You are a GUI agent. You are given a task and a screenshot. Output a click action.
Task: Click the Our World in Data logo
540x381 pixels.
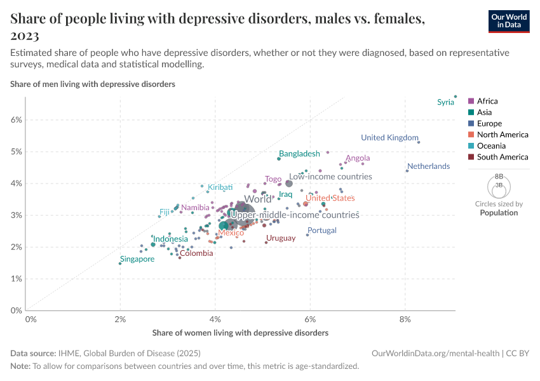509,21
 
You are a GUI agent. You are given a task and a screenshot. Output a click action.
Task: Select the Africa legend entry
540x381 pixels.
487,101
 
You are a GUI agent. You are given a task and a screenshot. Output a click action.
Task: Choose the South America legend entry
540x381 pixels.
502,157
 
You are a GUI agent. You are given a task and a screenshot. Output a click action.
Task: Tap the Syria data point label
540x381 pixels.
445,102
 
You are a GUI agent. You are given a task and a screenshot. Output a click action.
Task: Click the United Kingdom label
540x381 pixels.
389,138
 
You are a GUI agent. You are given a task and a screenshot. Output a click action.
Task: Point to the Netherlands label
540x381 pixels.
428,166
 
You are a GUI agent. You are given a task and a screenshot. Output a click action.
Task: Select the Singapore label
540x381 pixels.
137,259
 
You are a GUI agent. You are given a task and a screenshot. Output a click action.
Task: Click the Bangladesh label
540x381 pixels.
299,154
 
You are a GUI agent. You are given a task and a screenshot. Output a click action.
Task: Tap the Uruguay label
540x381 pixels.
280,238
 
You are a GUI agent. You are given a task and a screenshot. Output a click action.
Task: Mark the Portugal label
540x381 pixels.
321,231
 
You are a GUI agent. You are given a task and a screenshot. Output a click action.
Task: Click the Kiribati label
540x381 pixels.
220,187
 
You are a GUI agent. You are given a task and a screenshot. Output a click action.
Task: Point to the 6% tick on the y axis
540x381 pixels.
16,120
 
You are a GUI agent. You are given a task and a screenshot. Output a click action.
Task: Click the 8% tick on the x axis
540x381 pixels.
405,319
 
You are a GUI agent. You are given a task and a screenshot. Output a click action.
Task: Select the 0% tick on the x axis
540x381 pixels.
30,319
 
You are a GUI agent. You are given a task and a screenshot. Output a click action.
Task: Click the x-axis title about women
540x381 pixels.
240,333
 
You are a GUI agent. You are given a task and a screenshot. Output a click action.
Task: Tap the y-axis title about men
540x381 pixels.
93,84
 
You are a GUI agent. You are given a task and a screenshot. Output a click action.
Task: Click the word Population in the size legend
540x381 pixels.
499,213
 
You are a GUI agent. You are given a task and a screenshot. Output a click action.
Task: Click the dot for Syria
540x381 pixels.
456,97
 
